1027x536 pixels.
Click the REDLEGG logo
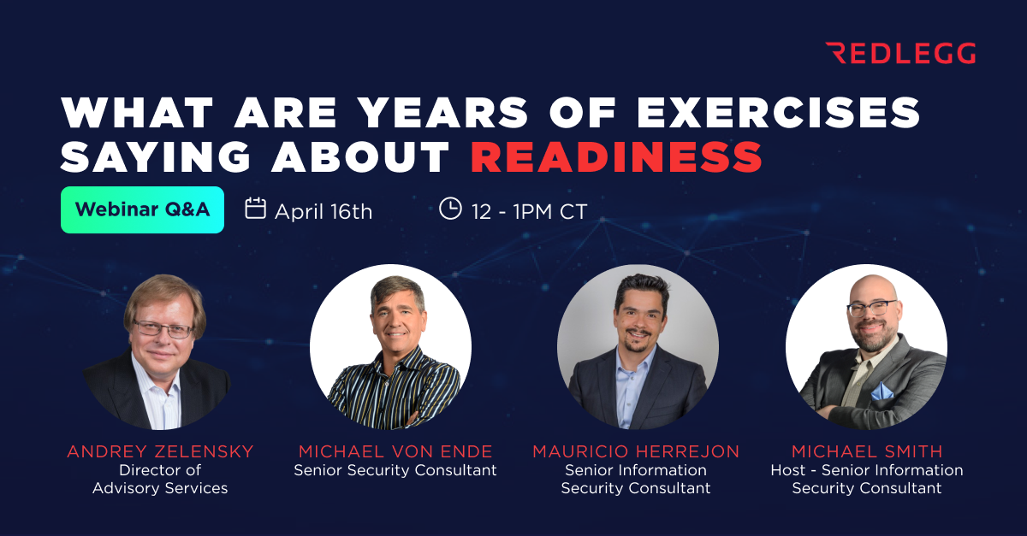coord(900,54)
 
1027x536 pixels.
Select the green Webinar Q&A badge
coord(142,209)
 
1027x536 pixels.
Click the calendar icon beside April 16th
coord(255,209)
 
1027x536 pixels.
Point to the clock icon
coord(450,209)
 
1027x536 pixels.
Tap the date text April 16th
coord(324,211)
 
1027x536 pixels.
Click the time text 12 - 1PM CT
coord(529,211)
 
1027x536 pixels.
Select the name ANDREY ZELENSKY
coord(160,451)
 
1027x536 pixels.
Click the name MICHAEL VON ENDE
coord(395,451)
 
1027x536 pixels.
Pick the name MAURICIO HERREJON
coord(635,451)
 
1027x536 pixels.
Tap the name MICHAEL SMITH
coord(867,451)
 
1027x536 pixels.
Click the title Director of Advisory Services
coord(160,479)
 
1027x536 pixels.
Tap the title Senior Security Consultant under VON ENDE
coord(395,470)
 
